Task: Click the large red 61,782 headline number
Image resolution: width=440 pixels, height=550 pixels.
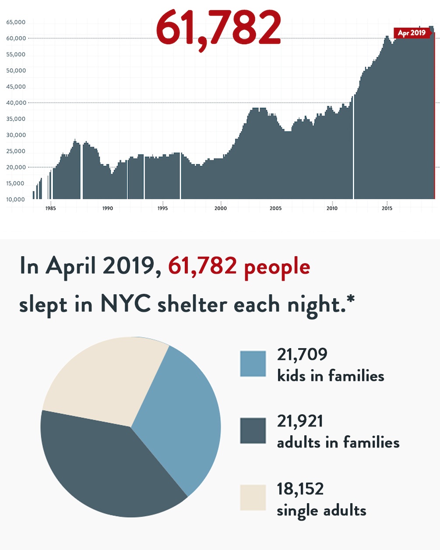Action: tap(218, 28)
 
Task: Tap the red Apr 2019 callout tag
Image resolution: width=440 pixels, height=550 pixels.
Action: tap(412, 33)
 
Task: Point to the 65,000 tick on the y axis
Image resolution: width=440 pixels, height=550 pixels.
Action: tap(16, 22)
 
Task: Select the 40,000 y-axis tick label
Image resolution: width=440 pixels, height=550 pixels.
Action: tap(16, 103)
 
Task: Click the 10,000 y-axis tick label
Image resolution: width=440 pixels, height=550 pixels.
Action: tap(16, 200)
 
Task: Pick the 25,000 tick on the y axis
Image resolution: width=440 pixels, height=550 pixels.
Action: tap(16, 152)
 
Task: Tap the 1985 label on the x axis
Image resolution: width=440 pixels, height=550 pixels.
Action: tap(50, 208)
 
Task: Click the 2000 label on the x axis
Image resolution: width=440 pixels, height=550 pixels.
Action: tap(221, 208)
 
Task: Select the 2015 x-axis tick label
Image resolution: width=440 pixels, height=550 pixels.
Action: tap(387, 208)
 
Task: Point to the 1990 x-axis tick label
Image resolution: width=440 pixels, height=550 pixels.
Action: tap(108, 208)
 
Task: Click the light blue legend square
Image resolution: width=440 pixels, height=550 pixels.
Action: tap(253, 363)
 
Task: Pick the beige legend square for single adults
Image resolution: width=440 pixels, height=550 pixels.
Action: tap(253, 497)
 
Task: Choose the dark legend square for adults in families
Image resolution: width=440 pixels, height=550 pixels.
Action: tap(253, 430)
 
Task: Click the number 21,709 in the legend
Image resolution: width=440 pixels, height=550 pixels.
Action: tap(302, 354)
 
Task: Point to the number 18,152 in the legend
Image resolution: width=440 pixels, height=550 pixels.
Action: tap(300, 489)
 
